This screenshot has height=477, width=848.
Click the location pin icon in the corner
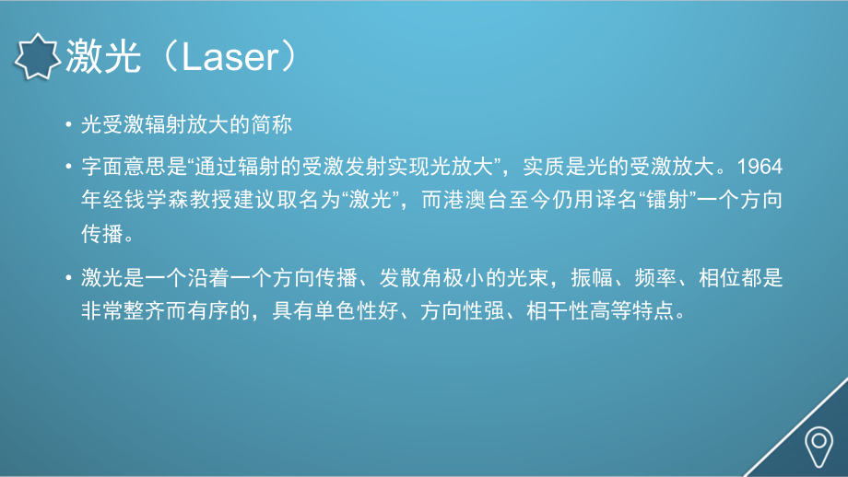818,446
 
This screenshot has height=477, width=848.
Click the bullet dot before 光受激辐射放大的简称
69,124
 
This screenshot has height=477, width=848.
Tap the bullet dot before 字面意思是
69,168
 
